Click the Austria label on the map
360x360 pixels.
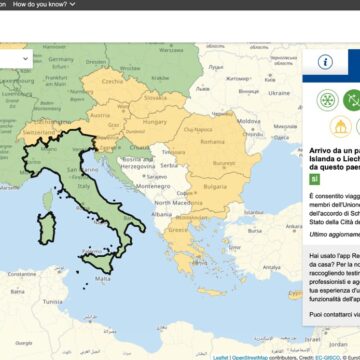click(x=100, y=114)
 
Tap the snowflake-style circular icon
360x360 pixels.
click(x=327, y=100)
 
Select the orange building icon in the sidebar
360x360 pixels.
click(x=340, y=127)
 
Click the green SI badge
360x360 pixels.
click(x=315, y=178)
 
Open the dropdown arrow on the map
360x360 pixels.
click(x=27, y=58)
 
